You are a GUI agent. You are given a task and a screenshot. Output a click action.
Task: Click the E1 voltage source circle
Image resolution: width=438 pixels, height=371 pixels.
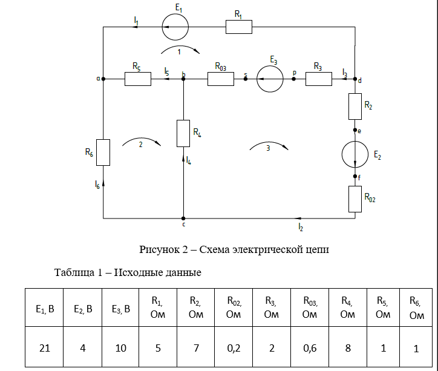pyautogui.click(x=175, y=27)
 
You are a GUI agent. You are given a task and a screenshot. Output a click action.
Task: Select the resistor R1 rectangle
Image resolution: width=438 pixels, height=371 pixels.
pyautogui.click(x=239, y=27)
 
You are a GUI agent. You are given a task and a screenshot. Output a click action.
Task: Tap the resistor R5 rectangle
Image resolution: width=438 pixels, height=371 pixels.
pyautogui.click(x=138, y=79)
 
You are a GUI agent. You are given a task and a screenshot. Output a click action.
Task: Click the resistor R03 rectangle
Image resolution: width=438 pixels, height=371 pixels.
pyautogui.click(x=220, y=79)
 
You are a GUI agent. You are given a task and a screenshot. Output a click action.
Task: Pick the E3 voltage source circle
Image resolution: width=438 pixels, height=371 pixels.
pyautogui.click(x=270, y=79)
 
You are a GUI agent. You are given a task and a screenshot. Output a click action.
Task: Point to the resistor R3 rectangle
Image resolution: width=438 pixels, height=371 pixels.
pyautogui.click(x=319, y=79)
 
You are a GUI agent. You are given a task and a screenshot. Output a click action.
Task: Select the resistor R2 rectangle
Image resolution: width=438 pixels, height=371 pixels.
pyautogui.click(x=355, y=107)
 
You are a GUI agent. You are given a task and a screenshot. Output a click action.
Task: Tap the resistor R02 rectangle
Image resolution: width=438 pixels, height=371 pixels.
pyautogui.click(x=355, y=199)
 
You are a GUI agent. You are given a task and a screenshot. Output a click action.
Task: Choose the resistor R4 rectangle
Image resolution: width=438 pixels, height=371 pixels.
pyautogui.click(x=183, y=133)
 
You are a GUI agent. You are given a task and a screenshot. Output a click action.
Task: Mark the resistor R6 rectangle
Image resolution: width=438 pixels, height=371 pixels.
pyautogui.click(x=103, y=153)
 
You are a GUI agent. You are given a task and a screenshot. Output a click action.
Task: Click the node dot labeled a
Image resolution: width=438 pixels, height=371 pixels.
pyautogui.click(x=103, y=79)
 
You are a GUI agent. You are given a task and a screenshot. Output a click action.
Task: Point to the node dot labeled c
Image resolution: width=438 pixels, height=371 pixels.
pyautogui.click(x=183, y=217)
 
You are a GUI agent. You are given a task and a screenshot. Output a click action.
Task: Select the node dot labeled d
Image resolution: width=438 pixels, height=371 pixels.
pyautogui.click(x=355, y=79)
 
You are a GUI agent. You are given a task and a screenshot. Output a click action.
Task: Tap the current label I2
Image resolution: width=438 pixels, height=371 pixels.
pyautogui.click(x=301, y=227)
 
